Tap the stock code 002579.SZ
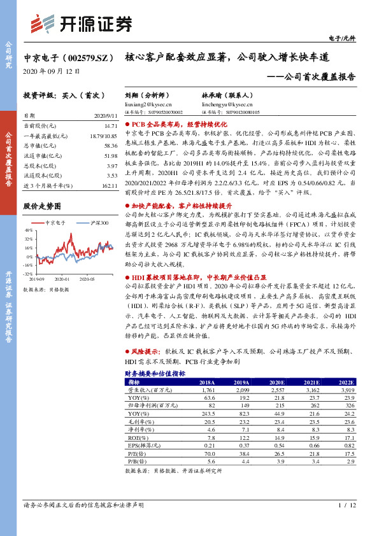89,57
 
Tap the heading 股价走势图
42,207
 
